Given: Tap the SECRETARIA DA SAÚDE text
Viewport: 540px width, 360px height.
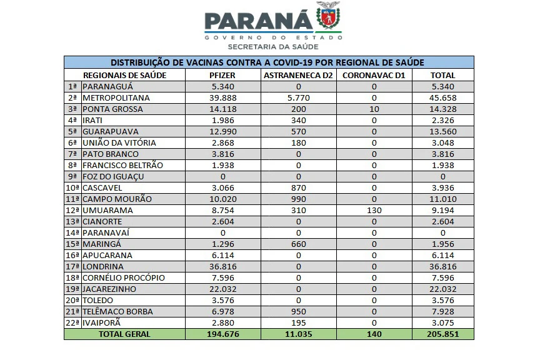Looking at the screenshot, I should point(273,47).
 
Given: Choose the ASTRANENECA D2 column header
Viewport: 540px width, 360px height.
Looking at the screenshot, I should point(298,75).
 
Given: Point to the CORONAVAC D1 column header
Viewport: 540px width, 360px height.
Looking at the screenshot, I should point(374,75).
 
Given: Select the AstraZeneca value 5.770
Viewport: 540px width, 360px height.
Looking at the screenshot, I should point(298,98).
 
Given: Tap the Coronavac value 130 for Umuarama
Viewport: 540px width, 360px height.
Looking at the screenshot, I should point(374,211).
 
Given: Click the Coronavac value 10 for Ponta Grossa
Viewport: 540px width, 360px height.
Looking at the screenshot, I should point(374,109).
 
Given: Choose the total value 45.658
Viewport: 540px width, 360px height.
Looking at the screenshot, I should point(442,98).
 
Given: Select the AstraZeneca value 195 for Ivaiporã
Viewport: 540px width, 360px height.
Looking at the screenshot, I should point(298,323).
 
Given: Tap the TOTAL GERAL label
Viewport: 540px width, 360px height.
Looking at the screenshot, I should point(125,334).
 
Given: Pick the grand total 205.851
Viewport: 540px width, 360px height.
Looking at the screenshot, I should point(442,334).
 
